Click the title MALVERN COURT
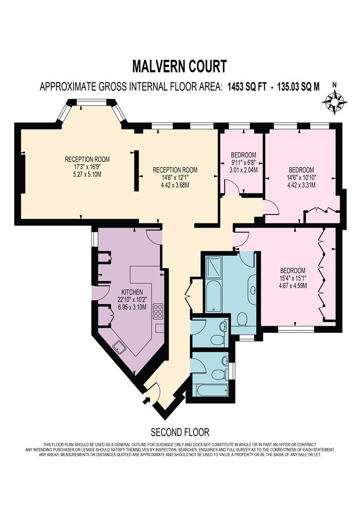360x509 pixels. [x=179, y=66]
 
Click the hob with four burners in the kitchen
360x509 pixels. [x=158, y=312]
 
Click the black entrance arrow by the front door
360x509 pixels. [x=147, y=400]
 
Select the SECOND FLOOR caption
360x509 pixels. [x=180, y=432]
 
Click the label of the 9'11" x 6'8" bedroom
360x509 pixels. [x=243, y=155]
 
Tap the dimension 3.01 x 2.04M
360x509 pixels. [x=243, y=170]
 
